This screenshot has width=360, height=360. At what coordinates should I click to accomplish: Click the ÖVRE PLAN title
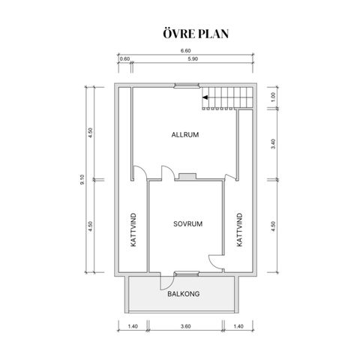click(196, 34)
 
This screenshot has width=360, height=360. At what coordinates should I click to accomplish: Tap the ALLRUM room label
click(185, 135)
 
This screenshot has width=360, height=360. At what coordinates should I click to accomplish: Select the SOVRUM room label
click(188, 223)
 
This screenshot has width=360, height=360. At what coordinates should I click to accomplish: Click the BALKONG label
click(184, 294)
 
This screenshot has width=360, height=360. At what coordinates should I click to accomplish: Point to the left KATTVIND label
click(133, 229)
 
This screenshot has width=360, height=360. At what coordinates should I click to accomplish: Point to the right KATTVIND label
click(239, 229)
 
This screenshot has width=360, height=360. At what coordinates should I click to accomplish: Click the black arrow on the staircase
click(205, 97)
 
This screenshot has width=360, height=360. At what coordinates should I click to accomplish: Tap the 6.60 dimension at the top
click(186, 51)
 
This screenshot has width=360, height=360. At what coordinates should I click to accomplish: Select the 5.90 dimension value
click(193, 59)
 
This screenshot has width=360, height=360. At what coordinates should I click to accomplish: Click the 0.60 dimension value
click(124, 59)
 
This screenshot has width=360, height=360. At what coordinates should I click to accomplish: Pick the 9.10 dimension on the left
click(82, 179)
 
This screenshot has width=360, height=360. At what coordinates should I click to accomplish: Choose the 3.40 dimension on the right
click(273, 144)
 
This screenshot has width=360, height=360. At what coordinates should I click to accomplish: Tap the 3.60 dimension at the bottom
click(186, 326)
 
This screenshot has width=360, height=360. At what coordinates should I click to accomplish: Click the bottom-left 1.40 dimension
click(133, 326)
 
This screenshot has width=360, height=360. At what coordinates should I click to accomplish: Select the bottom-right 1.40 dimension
click(238, 326)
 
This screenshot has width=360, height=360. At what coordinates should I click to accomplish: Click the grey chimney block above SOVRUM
click(187, 176)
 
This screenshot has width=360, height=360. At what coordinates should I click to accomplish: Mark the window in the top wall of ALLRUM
click(187, 85)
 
